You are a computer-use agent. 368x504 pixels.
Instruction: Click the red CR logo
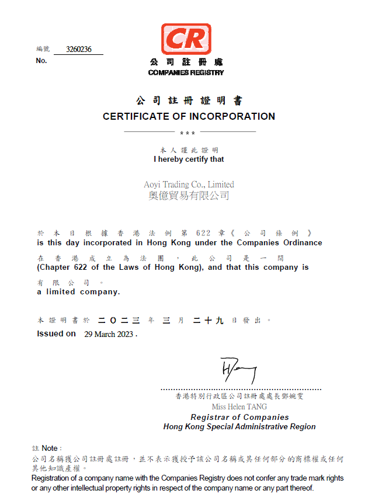[186, 39]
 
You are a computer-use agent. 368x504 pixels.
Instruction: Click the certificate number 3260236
[79, 50]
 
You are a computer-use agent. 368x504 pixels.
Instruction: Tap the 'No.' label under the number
[41, 61]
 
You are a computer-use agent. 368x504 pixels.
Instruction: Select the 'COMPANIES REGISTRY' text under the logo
[186, 72]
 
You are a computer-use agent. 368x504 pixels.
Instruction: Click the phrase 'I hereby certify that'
[189, 159]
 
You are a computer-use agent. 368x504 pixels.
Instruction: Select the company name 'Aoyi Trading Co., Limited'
[189, 184]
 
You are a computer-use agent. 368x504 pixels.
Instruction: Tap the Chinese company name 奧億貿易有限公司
[189, 196]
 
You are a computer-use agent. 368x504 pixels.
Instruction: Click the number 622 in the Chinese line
[203, 233]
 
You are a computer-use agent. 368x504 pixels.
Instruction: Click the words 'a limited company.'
[79, 291]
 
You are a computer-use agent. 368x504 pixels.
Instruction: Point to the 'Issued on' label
[56, 333]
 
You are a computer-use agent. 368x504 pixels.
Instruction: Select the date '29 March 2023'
[109, 334]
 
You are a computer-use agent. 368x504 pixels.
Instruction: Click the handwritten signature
[238, 370]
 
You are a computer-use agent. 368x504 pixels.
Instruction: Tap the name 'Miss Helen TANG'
[239, 406]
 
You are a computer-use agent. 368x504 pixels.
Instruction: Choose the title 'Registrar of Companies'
[239, 417]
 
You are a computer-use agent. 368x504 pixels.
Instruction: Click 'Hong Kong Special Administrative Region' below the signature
[239, 426]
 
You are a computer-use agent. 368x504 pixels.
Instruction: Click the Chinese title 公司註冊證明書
[189, 100]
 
